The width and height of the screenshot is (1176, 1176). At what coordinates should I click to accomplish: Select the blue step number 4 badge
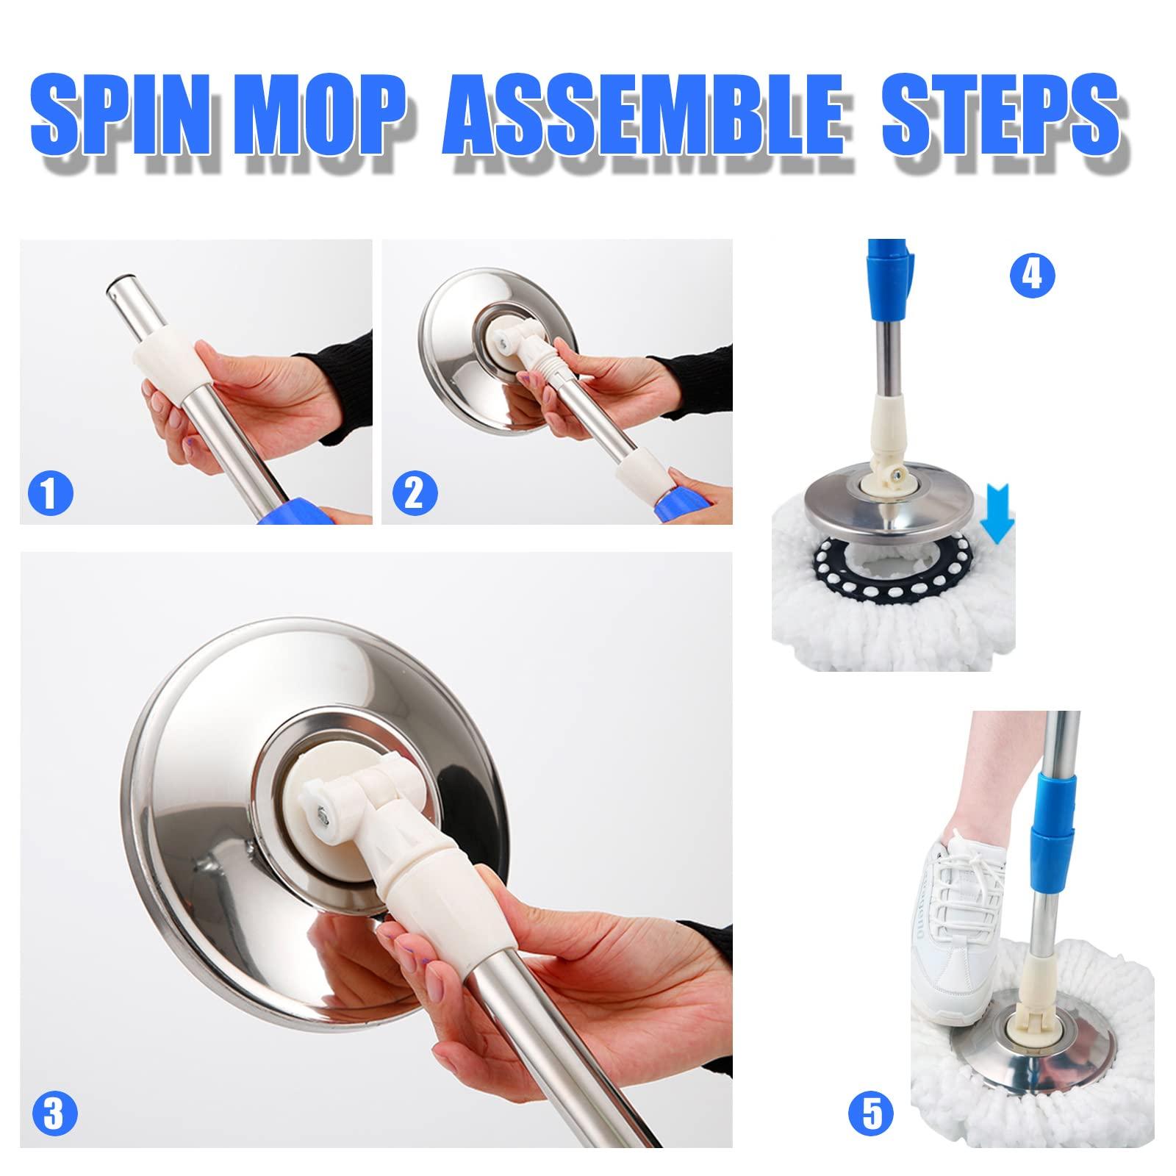click(x=1032, y=276)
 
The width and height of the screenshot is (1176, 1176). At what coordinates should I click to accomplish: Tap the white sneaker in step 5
click(x=955, y=919)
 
